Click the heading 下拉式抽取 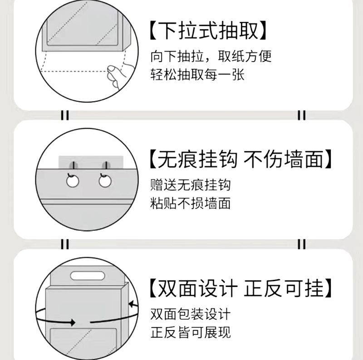coord(208,30)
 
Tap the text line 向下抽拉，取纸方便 coord(211,56)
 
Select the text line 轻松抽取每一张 coord(197,74)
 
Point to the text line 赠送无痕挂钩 coord(190,185)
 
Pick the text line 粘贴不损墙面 coord(190,203)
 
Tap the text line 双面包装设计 coord(190,314)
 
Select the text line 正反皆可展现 coord(190,332)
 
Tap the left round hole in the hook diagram coord(73,181)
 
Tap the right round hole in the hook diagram coord(105,181)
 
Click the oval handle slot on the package coord(88,276)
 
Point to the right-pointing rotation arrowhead coord(73,322)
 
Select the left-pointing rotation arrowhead coord(132,304)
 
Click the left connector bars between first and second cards coord(65,115)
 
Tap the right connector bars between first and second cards coord(301,115)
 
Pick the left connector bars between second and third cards coord(65,244)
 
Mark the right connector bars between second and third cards coord(301,244)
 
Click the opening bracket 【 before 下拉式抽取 coord(153,30)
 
